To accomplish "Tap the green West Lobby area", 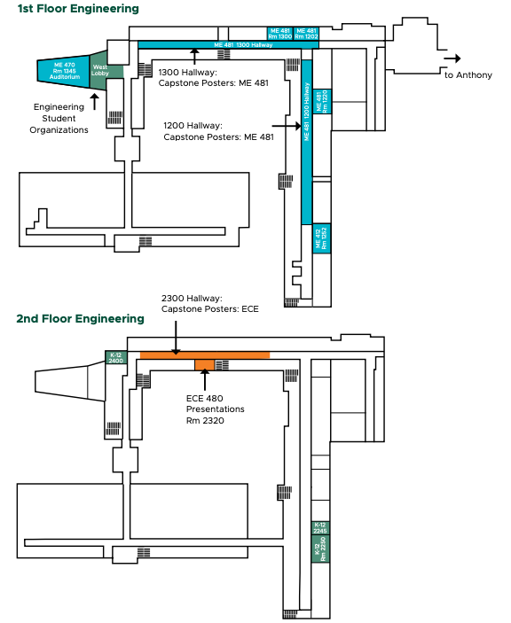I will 100,71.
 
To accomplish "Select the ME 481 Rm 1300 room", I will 279,34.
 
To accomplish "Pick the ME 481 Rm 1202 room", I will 306,34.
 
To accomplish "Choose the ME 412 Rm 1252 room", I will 322,238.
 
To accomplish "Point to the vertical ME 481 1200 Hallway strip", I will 307,142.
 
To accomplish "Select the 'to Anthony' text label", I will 468,75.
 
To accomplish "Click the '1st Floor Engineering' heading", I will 79,9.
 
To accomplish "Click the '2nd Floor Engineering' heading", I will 80,318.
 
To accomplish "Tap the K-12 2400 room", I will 116,358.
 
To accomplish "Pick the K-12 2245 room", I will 321,528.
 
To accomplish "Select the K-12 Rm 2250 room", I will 322,549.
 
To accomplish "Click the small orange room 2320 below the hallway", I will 205,364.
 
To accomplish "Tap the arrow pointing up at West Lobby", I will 94,99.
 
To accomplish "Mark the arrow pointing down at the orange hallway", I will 177,338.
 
